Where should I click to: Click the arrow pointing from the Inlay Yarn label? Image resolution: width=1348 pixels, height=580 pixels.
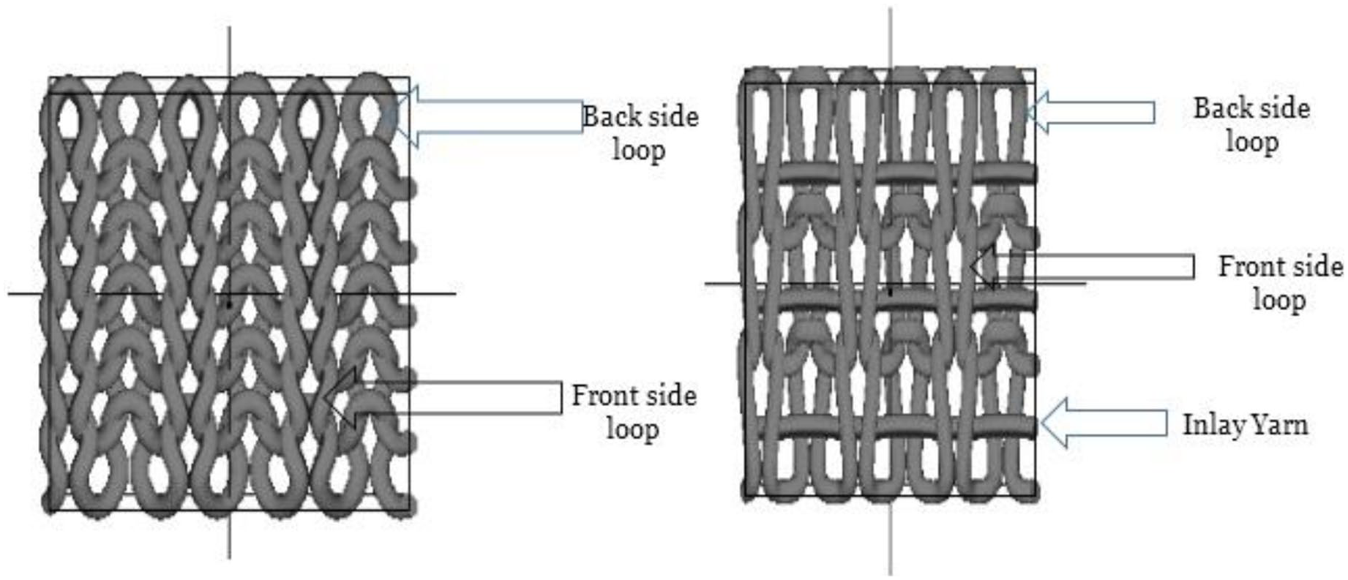(x=1104, y=423)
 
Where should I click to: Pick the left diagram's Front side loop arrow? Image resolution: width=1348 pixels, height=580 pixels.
(x=443, y=398)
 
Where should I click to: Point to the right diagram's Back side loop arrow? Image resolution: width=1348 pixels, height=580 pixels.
(x=1090, y=112)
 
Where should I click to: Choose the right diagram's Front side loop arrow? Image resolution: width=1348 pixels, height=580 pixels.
(x=1082, y=267)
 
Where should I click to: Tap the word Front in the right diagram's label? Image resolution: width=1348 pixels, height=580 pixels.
(x=1250, y=266)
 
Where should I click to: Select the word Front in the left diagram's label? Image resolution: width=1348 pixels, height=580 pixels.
(x=603, y=396)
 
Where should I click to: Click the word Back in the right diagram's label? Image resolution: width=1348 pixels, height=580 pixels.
(x=1223, y=108)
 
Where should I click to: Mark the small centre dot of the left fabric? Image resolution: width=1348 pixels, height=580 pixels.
(x=229, y=304)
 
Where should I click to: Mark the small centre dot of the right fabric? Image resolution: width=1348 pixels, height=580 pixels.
(x=890, y=292)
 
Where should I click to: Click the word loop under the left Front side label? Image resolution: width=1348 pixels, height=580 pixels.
(x=633, y=429)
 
